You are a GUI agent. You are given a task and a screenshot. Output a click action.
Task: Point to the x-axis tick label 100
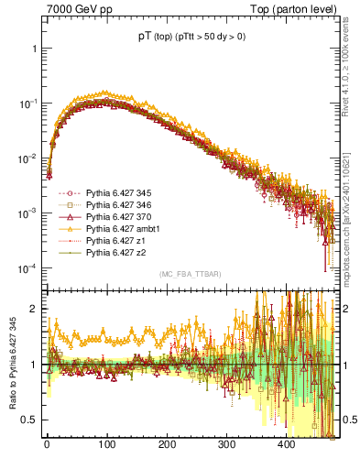pyautogui.click(x=106, y=444)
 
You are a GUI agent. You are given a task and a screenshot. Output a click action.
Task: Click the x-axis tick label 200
pyautogui.click(x=167, y=444)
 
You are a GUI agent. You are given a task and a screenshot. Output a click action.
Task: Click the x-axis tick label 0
pyautogui.click(x=47, y=444)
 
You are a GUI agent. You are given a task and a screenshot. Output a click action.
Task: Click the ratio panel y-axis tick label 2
pyautogui.click(x=35, y=309)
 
